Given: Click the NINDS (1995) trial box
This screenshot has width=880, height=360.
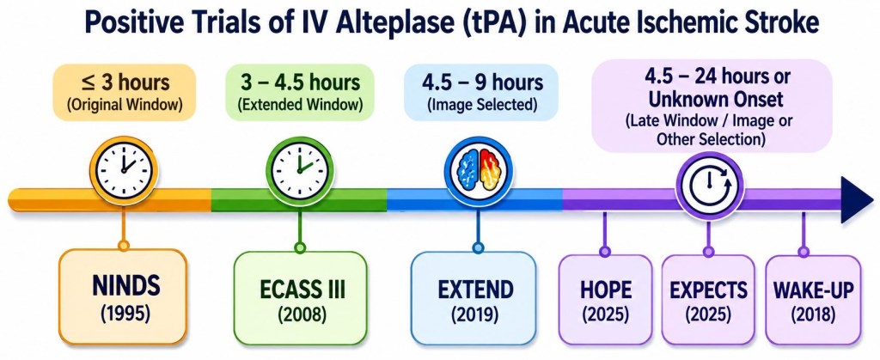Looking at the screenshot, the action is (123, 296).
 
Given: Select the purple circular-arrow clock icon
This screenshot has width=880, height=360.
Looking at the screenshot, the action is (709, 185).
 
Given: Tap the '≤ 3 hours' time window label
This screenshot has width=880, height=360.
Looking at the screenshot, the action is (124, 83).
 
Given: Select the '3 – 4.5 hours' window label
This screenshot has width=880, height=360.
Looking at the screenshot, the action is (300, 83).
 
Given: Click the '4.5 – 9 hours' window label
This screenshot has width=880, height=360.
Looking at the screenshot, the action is (482, 83).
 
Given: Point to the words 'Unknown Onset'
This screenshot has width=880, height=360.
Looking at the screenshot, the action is (712, 101).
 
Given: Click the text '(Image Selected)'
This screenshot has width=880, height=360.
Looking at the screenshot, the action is (482, 104).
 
